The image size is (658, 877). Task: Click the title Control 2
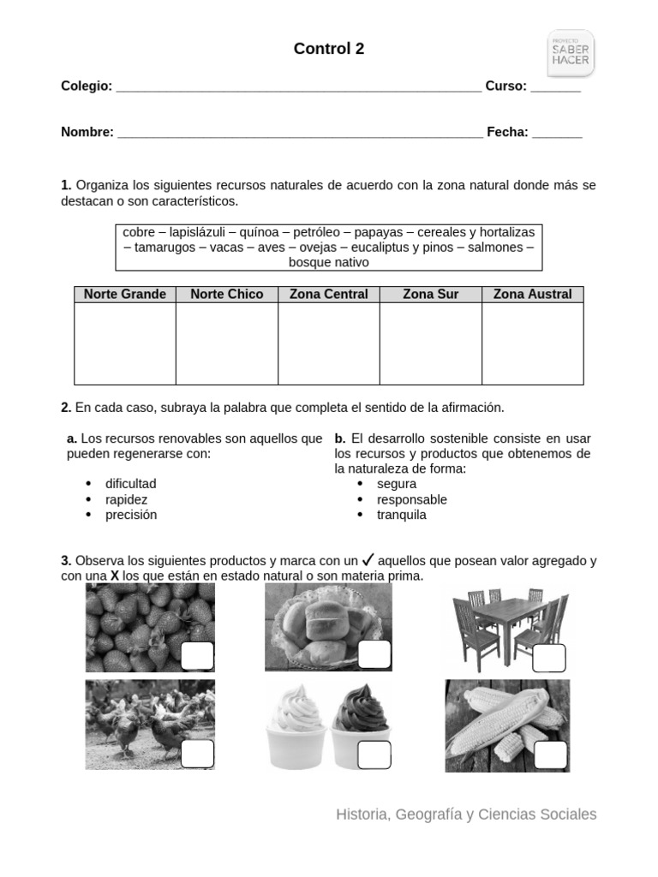329,50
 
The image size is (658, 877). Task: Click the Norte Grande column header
125,295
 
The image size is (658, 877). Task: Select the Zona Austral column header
532,295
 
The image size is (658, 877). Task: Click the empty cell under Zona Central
328,343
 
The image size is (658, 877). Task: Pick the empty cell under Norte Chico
227,343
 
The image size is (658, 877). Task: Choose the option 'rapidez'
126,499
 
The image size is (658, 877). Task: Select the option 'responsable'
411,499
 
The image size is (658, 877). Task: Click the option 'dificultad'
130,484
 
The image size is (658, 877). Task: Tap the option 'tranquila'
401,515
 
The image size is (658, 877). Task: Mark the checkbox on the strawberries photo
197,656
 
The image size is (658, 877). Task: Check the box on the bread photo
374,655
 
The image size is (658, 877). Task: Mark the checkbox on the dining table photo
548,659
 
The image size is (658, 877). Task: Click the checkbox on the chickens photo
197,754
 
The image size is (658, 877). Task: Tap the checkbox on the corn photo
550,755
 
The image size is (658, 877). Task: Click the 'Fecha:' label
507,132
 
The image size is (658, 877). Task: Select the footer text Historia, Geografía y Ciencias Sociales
466,814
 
